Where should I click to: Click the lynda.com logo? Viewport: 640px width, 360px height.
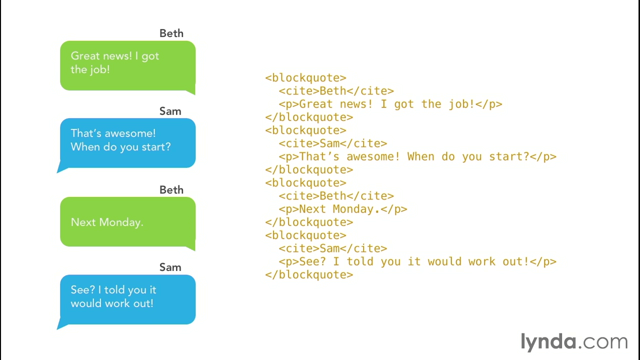click(x=574, y=342)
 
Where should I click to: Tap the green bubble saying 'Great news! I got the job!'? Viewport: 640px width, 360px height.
click(x=127, y=66)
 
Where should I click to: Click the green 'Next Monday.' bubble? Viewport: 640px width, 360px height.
click(x=127, y=222)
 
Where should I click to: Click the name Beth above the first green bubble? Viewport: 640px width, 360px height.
click(x=171, y=33)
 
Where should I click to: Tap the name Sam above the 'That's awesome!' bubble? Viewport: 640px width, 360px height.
click(x=170, y=111)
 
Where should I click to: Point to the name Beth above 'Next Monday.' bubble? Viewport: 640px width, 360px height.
click(x=171, y=189)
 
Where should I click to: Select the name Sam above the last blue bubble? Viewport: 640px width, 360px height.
click(x=170, y=267)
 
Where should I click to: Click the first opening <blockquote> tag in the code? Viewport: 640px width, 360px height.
click(x=305, y=77)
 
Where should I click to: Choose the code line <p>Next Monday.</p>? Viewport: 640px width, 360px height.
click(x=343, y=209)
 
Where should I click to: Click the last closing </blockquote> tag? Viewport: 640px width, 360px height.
click(x=309, y=275)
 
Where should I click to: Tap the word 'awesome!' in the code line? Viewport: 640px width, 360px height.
click(x=373, y=156)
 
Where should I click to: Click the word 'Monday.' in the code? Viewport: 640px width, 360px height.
click(x=356, y=209)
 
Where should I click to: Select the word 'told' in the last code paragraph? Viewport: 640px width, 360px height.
click(x=359, y=261)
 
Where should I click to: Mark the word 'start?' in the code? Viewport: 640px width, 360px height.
click(x=509, y=156)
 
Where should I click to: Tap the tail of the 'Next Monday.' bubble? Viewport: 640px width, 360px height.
click(x=190, y=247)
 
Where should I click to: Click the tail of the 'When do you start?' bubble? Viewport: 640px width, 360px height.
click(x=61, y=168)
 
